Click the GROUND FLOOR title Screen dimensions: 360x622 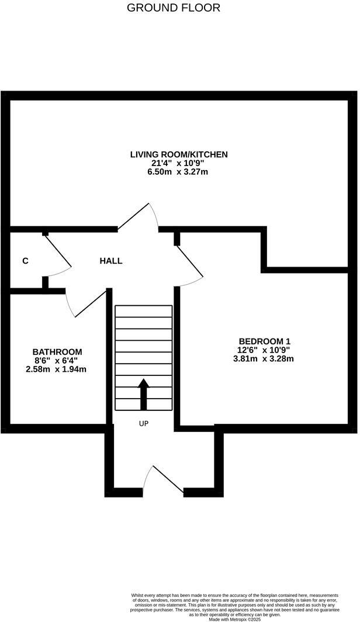174,8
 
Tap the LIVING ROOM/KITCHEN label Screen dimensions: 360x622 178,154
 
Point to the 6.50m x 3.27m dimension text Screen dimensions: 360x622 178,172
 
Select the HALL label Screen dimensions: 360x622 111,261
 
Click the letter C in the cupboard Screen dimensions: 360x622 25,261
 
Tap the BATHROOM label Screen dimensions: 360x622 57,352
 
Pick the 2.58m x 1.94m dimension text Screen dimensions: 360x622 57,369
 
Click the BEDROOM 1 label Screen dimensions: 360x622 264,341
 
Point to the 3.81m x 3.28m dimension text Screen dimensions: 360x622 263,359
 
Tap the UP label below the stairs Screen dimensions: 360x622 144,424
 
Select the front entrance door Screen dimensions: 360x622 166,479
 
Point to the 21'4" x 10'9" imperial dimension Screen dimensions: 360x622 178,163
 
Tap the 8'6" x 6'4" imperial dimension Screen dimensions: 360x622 57,361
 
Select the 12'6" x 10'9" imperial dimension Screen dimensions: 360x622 264,350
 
